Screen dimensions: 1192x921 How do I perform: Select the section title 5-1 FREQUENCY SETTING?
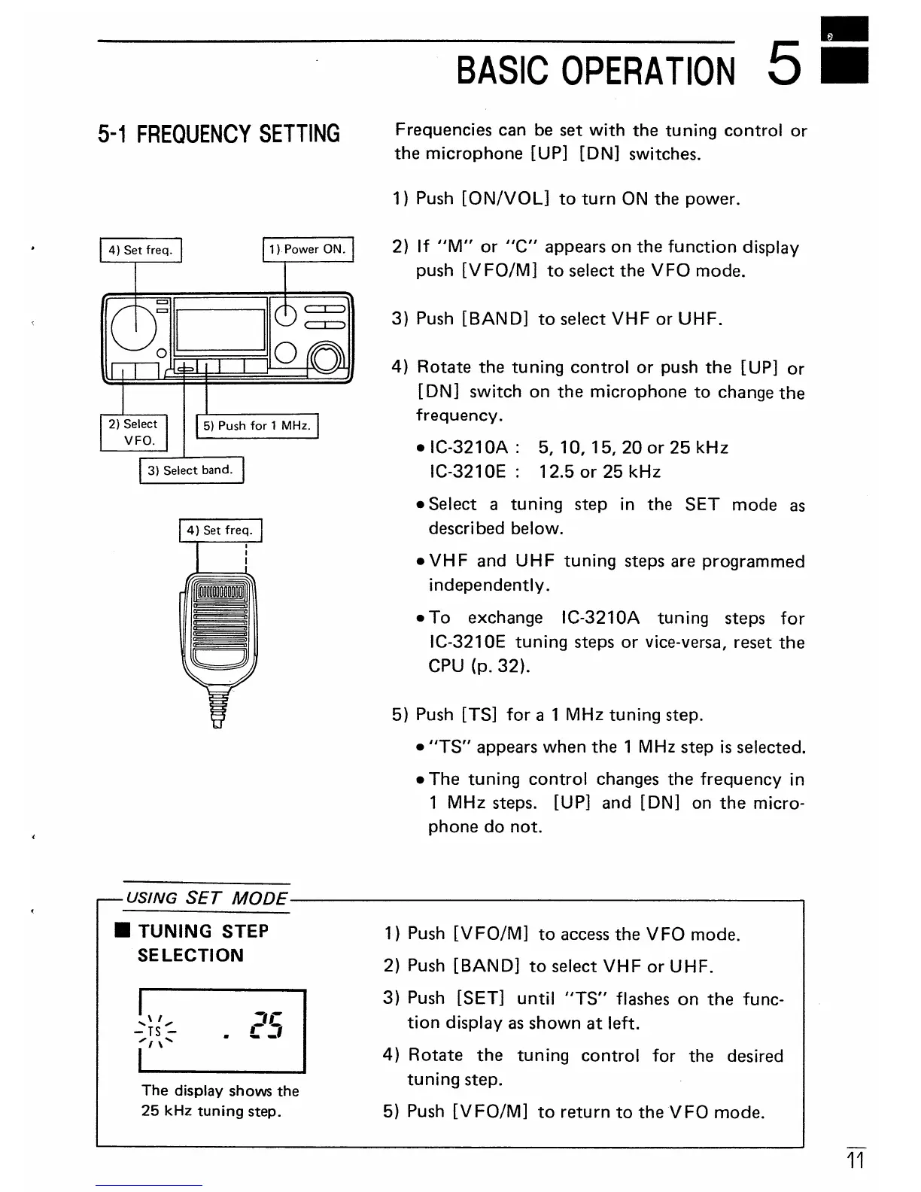coord(219,134)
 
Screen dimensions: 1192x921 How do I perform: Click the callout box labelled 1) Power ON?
coord(308,249)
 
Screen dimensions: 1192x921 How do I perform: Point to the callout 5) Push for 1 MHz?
coord(257,426)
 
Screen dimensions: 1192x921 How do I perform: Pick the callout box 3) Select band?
coord(191,470)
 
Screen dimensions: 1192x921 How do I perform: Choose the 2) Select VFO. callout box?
coord(133,432)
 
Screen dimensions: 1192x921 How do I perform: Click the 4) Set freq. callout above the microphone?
coord(220,530)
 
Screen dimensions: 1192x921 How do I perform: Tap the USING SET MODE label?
coord(206,899)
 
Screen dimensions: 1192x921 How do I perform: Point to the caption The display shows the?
coord(220,1090)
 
